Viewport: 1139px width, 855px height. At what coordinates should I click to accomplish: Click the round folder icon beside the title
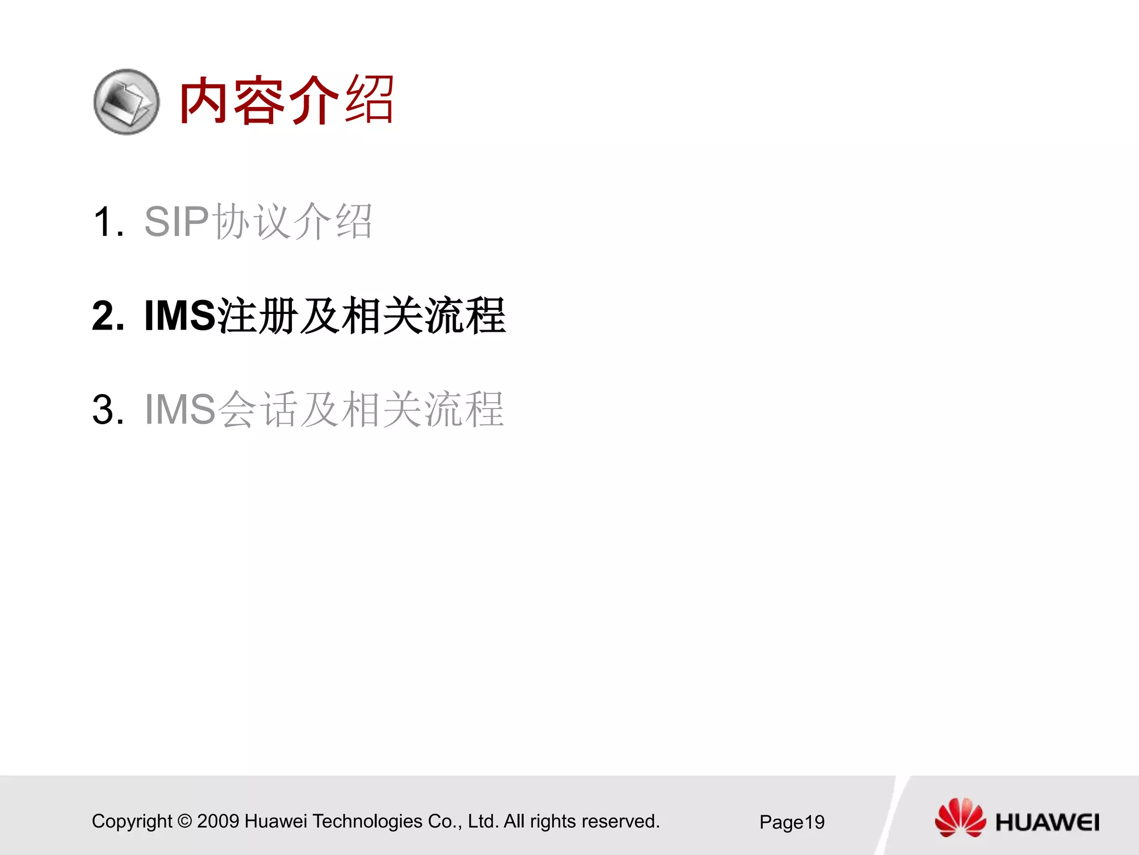(126, 102)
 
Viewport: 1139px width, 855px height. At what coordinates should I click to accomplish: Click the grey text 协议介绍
(293, 222)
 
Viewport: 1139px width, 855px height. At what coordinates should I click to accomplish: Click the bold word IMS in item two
(180, 316)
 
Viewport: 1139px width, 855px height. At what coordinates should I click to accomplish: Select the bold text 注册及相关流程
(361, 316)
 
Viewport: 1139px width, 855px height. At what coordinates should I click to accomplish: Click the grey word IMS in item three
(180, 410)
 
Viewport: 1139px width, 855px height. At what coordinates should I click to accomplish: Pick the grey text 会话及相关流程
(361, 410)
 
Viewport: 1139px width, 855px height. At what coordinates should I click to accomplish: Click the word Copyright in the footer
(132, 822)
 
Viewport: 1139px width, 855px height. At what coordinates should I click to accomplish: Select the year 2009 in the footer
(218, 822)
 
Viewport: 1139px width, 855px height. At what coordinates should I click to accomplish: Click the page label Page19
(792, 822)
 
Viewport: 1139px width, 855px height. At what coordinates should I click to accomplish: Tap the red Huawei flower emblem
(960, 818)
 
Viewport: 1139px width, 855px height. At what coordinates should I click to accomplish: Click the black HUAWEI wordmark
(1047, 822)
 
